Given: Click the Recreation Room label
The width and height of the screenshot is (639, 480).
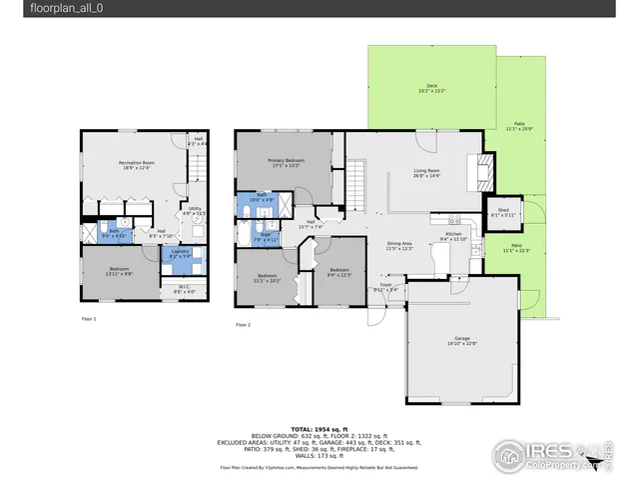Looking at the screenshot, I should pyautogui.click(x=136, y=162).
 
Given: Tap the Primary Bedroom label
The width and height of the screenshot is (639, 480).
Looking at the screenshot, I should pyautogui.click(x=286, y=160).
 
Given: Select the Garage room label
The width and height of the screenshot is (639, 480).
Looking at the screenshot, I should pyautogui.click(x=461, y=340).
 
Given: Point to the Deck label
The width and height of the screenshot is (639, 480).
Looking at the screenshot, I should pyautogui.click(x=431, y=87).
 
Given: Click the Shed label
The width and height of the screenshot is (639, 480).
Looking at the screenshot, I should pyautogui.click(x=504, y=210).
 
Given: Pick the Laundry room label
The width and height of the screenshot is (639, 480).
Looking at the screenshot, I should pyautogui.click(x=180, y=252).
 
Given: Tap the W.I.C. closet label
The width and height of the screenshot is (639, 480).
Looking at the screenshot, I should pyautogui.click(x=184, y=288).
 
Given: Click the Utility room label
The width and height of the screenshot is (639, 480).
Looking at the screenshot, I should pyautogui.click(x=194, y=208).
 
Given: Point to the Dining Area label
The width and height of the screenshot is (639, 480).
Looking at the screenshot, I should pyautogui.click(x=399, y=244).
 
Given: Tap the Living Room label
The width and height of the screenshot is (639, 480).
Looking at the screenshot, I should pyautogui.click(x=427, y=171).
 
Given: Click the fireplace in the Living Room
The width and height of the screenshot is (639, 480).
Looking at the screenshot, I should pyautogui.click(x=483, y=172).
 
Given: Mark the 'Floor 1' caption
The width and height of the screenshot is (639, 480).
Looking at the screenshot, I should pyautogui.click(x=89, y=318).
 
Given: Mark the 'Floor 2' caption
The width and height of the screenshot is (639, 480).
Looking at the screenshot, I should pyautogui.click(x=243, y=325).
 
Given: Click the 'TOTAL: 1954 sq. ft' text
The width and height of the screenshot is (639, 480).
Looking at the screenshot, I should pyautogui.click(x=319, y=427).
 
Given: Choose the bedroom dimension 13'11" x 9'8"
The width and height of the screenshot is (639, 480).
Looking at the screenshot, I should pyautogui.click(x=120, y=274).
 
